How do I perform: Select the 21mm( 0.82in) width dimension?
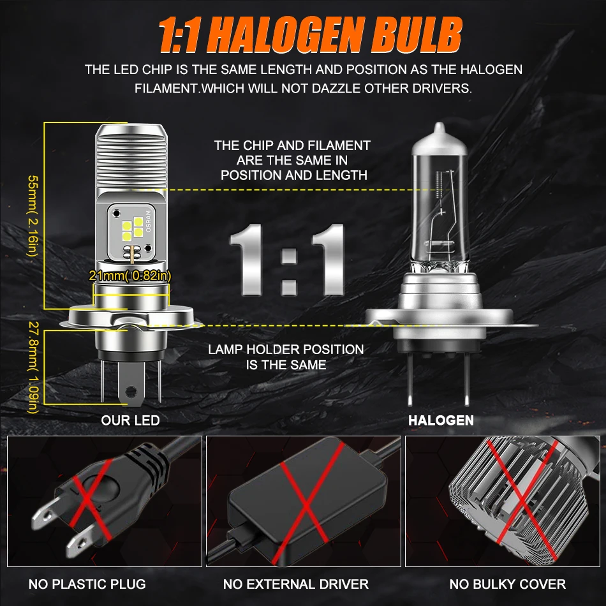pos(131,276)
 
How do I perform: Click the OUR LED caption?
pos(130,420)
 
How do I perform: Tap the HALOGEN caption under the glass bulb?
pos(441,420)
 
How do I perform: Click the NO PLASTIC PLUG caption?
pos(87,584)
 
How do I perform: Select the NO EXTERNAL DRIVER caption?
pos(296,584)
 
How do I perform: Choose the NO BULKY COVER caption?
pos(507,584)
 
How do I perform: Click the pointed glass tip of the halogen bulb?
pos(439,131)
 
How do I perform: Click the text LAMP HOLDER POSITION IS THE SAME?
pos(286,357)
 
